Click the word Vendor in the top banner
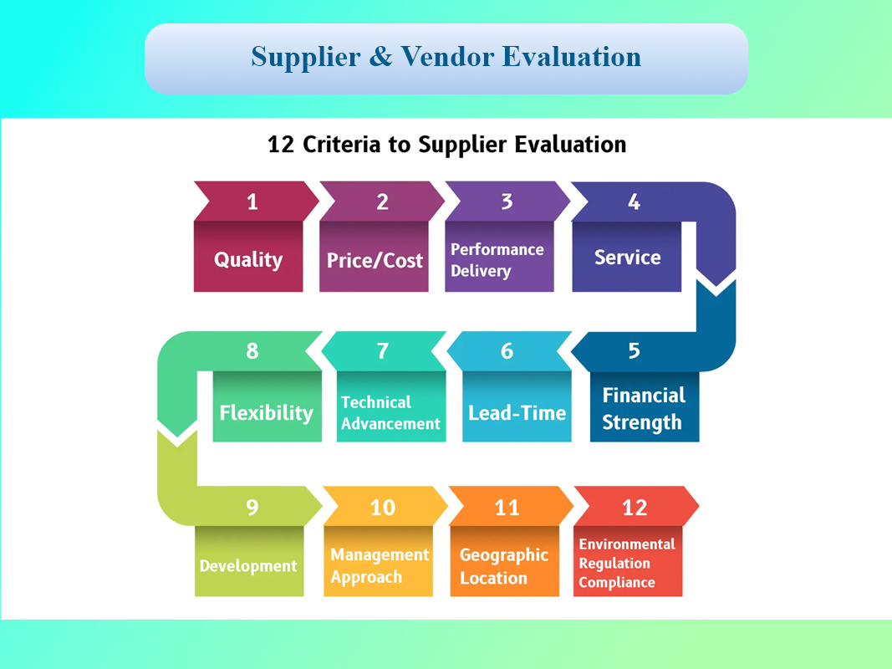(x=447, y=56)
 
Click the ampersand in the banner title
(x=380, y=56)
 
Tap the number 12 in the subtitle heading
(x=280, y=145)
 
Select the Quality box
(x=248, y=257)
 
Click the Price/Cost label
(x=375, y=261)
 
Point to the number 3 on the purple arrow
(x=507, y=202)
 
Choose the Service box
(x=626, y=257)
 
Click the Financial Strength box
(x=645, y=406)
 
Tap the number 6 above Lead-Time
(x=507, y=351)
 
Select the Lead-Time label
(x=517, y=413)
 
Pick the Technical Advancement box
(x=390, y=406)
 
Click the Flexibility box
(x=267, y=406)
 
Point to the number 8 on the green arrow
(x=252, y=351)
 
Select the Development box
(x=248, y=561)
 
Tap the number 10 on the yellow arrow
(x=382, y=508)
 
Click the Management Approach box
(x=378, y=561)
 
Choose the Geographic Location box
(x=504, y=561)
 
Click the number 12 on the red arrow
(x=635, y=508)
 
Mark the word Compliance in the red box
(x=617, y=583)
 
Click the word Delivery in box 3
(x=481, y=271)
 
